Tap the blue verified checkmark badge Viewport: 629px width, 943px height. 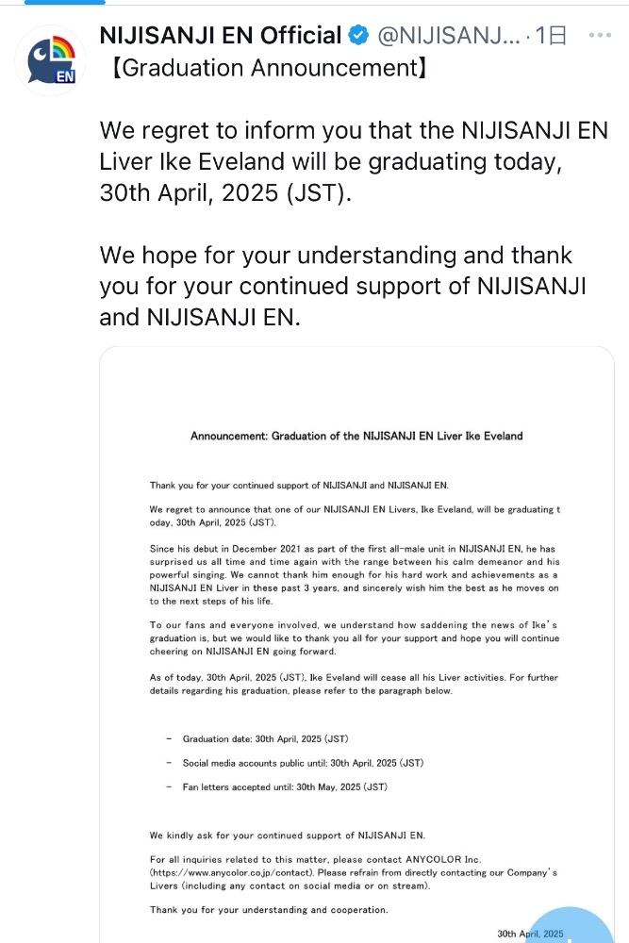pos(359,37)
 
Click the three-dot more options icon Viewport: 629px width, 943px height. pos(601,35)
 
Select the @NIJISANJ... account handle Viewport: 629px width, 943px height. pos(447,37)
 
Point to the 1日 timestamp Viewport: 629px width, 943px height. pos(551,37)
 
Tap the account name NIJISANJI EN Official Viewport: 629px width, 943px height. pos(220,37)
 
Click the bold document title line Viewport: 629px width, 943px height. pos(356,437)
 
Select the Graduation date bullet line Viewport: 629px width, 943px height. pos(272,738)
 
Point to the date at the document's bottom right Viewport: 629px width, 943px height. pos(530,934)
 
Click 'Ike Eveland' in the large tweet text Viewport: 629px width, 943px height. pos(234,160)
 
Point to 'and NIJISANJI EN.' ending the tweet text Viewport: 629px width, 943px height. pos(199,318)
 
